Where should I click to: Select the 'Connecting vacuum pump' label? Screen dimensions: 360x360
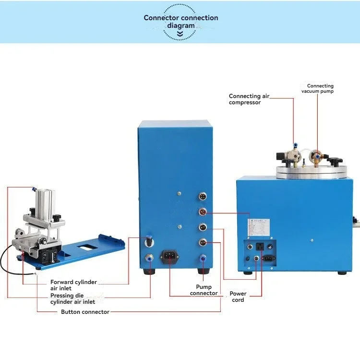[317, 88]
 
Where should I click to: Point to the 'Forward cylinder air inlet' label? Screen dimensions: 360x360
[73, 285]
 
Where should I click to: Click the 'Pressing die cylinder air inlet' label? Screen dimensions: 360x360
[72, 298]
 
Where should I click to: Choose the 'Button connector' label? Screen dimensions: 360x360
[85, 312]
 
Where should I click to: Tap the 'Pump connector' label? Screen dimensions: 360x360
[204, 290]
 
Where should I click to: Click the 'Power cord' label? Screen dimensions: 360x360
[238, 297]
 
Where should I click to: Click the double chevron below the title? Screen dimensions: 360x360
[180, 35]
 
